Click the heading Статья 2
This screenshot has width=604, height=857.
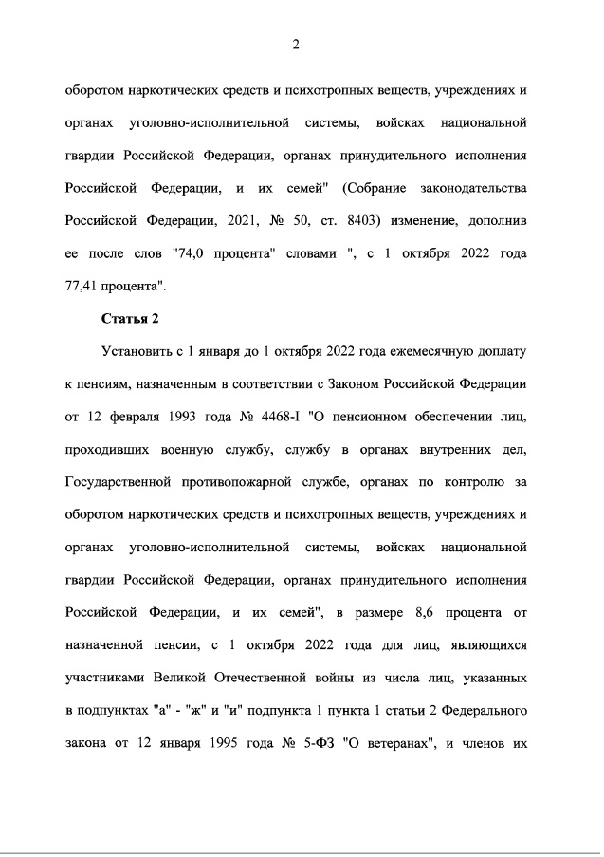[130, 318]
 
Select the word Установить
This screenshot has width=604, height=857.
[137, 352]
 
